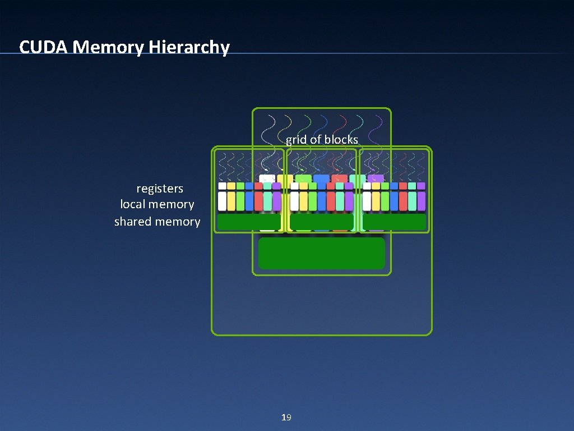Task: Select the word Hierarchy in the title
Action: [x=189, y=47]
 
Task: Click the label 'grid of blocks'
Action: [x=322, y=139]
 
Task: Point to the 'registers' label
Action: [x=160, y=189]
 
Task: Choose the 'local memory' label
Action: [x=157, y=204]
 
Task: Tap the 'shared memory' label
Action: [x=157, y=221]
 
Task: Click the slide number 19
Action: [x=286, y=417]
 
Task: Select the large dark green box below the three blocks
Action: [x=321, y=253]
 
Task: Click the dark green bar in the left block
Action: [x=248, y=222]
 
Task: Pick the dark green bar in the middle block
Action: [x=321, y=222]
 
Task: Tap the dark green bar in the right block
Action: [x=394, y=222]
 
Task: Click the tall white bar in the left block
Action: [x=223, y=201]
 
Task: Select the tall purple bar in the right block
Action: [x=421, y=201]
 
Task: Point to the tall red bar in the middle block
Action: [x=331, y=201]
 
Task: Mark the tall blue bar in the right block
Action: [x=394, y=201]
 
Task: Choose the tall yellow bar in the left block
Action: [x=232, y=201]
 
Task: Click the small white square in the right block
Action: [x=367, y=186]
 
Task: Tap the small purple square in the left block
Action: [x=276, y=186]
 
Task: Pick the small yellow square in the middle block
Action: [x=304, y=186]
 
